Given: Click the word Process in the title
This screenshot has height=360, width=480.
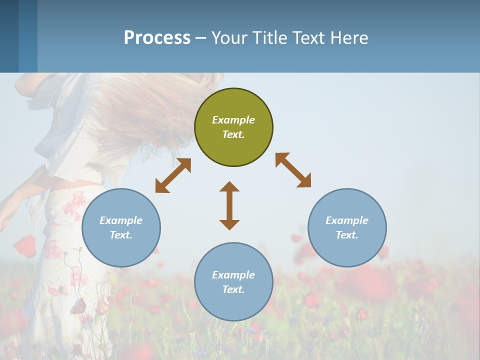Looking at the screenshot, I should (x=157, y=38).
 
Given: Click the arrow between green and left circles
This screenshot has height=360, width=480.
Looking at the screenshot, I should (x=173, y=175).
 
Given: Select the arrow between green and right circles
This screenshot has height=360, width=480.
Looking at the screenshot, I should (x=293, y=170).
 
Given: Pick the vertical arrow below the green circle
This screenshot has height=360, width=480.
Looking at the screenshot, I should (x=229, y=205).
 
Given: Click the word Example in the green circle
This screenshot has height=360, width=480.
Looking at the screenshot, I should (x=233, y=120).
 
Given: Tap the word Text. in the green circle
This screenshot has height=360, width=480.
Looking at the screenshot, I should (x=233, y=134).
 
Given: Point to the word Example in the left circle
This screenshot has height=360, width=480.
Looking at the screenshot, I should (x=121, y=220).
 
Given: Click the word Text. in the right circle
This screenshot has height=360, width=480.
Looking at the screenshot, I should (x=347, y=235).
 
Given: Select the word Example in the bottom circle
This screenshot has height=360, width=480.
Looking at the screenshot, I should (x=233, y=275).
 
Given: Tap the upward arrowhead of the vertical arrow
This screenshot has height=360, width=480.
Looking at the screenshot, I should (x=229, y=186).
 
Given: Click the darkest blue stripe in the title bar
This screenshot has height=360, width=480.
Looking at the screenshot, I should (x=9, y=36).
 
